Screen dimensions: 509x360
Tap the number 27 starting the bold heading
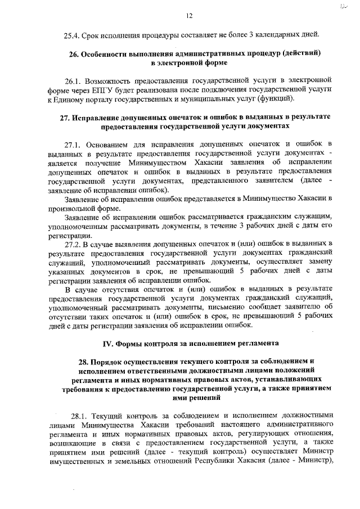click(65, 118)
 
